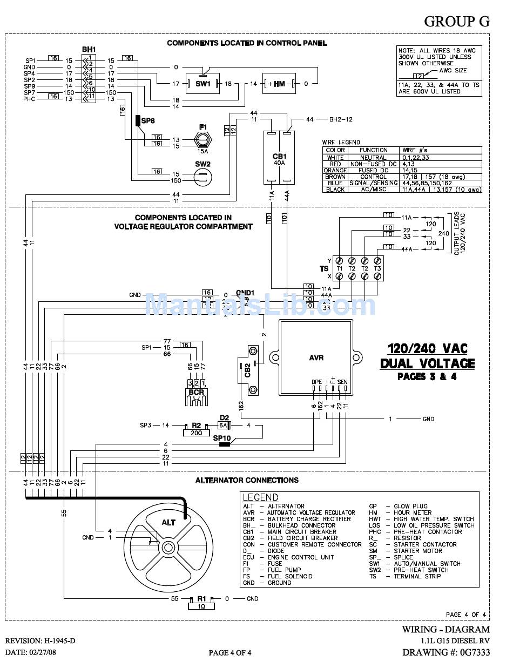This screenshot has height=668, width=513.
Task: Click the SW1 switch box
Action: [202, 84]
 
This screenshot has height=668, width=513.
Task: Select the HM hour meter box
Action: [279, 84]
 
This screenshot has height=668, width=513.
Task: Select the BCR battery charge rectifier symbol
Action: [197, 394]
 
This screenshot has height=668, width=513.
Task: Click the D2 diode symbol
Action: [225, 426]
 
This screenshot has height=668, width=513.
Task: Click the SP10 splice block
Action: [222, 444]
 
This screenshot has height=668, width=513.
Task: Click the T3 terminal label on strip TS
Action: [377, 268]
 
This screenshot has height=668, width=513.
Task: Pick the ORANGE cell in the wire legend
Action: [335, 170]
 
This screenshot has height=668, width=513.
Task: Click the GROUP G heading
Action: [456, 21]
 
